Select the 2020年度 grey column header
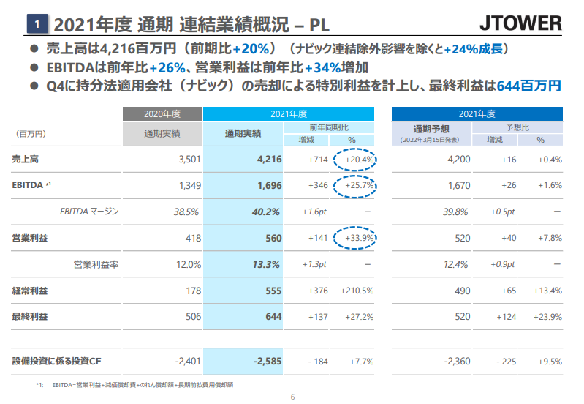click(162, 113)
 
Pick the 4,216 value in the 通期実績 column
click(270, 159)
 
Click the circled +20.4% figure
click(355, 159)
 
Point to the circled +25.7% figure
click(355, 185)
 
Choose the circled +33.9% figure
click(355, 238)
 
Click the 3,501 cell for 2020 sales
click(189, 159)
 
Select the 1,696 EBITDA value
click(270, 185)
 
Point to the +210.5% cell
click(357, 291)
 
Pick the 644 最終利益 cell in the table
click(273, 317)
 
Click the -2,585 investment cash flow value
click(268, 362)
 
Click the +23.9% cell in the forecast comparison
click(550, 317)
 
